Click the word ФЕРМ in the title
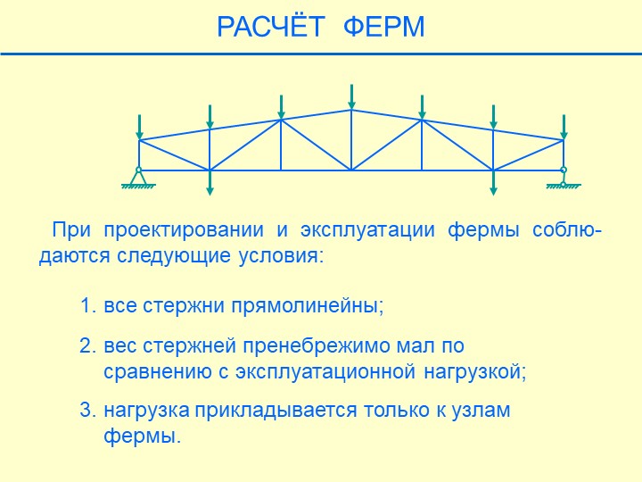tap(383, 27)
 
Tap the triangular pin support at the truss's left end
tap(138, 179)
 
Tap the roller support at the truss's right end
tap(564, 179)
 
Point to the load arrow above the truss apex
tap(351, 96)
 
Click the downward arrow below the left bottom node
tap(210, 183)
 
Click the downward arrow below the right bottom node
tap(493, 183)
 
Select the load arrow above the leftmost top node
tap(140, 127)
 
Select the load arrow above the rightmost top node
tap(564, 127)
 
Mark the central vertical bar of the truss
tap(351, 140)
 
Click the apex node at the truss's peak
tap(351, 110)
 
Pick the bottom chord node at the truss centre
tap(351, 170)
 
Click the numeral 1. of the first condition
tap(88, 306)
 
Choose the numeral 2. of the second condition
tap(88, 346)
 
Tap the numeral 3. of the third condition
tap(88, 411)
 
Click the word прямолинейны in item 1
tap(307, 306)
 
